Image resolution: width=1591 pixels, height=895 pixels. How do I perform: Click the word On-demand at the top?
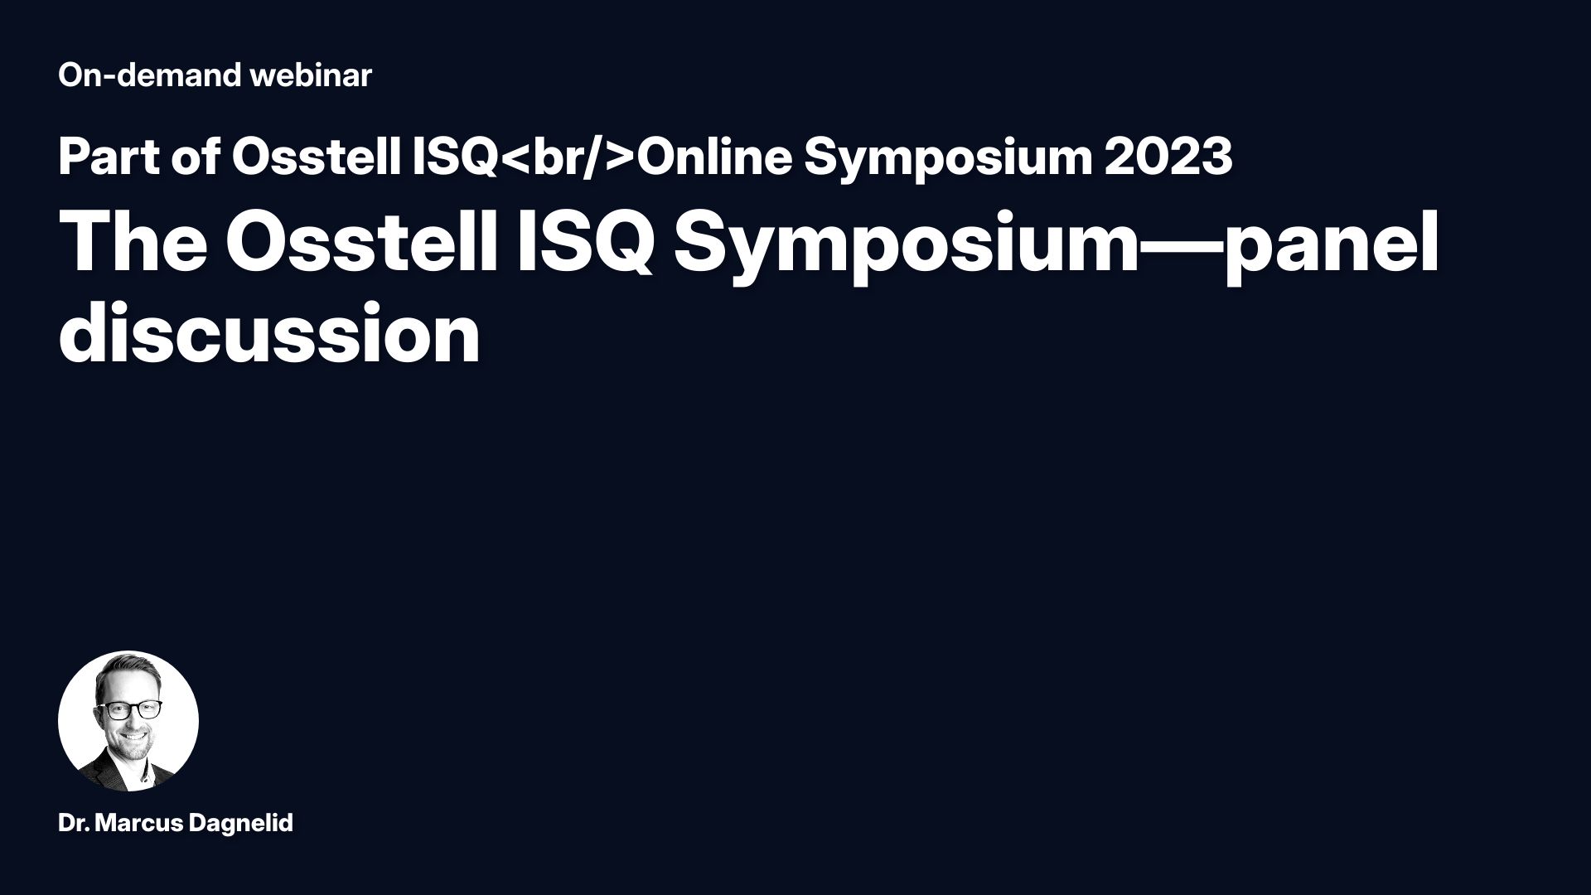click(149, 75)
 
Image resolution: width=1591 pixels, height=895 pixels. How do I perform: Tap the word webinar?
click(311, 75)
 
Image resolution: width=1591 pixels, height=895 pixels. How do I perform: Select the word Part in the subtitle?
click(109, 157)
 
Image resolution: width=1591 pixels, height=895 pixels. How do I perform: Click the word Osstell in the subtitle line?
click(317, 157)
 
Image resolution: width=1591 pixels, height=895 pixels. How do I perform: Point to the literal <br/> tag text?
click(568, 157)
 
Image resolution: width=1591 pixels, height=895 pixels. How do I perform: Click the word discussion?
click(270, 333)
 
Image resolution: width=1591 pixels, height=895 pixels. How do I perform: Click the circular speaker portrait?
click(128, 721)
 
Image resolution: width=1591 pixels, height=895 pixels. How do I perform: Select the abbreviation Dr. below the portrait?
click(75, 824)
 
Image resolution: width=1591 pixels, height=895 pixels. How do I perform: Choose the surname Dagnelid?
click(241, 824)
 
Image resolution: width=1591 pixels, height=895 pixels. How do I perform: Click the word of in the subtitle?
click(196, 157)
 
